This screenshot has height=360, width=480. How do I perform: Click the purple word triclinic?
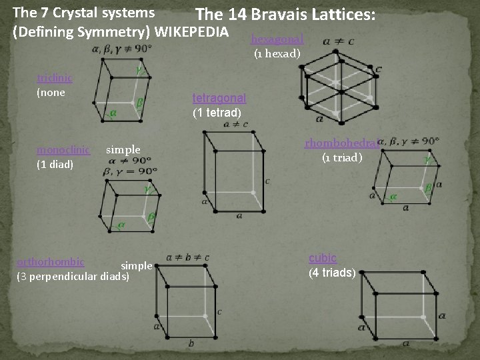click(55, 77)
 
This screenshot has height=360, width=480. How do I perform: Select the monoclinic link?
click(63, 149)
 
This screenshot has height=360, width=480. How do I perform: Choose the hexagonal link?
click(277, 39)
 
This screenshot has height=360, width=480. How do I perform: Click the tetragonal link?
click(219, 98)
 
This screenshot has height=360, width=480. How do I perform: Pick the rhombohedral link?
click(342, 142)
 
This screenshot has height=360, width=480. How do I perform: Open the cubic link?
click(323, 258)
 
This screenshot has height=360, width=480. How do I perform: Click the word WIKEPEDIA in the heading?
click(192, 31)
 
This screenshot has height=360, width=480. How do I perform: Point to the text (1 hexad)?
click(277, 53)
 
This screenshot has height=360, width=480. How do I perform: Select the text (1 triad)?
click(342, 158)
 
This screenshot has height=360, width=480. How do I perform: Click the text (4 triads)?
click(332, 273)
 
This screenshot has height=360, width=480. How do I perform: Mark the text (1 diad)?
click(55, 164)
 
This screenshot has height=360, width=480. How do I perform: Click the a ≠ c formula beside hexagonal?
click(338, 41)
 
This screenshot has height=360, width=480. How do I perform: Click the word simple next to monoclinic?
click(123, 149)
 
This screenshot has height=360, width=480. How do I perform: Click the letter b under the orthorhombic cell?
click(191, 343)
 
